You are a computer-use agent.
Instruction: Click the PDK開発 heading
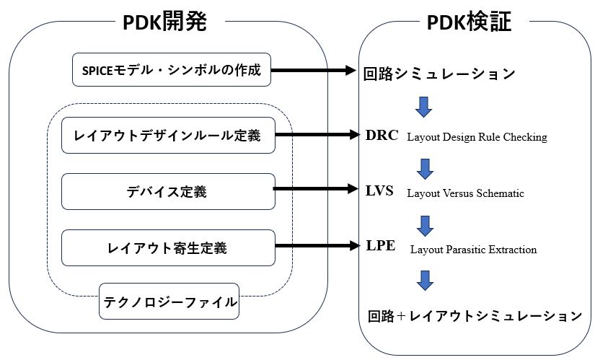tap(164, 22)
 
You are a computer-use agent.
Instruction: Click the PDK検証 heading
tap(469, 22)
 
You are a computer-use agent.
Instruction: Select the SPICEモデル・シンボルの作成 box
tap(172, 69)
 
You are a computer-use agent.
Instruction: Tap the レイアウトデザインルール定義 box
tap(168, 135)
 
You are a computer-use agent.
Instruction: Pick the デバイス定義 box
tap(168, 191)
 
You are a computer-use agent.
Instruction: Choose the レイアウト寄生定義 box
tap(168, 247)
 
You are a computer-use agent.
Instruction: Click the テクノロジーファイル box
tap(169, 302)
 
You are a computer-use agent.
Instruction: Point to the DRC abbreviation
tap(382, 135)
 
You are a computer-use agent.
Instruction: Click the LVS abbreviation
tap(379, 190)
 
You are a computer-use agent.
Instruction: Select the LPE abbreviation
tap(381, 246)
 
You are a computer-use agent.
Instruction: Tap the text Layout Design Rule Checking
tap(477, 137)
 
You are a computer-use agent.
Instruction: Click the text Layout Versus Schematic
tap(466, 193)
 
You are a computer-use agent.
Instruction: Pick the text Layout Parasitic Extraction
tap(474, 250)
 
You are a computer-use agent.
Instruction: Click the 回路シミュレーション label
tap(439, 74)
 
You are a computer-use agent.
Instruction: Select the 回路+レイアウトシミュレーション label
tap(475, 316)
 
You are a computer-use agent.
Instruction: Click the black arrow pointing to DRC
tap(317, 134)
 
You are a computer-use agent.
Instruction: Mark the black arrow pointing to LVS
tap(316, 188)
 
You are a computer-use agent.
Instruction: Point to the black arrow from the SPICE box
tap(314, 70)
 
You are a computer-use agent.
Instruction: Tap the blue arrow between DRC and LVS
tap(425, 169)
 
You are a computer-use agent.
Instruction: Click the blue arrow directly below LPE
tap(425, 281)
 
